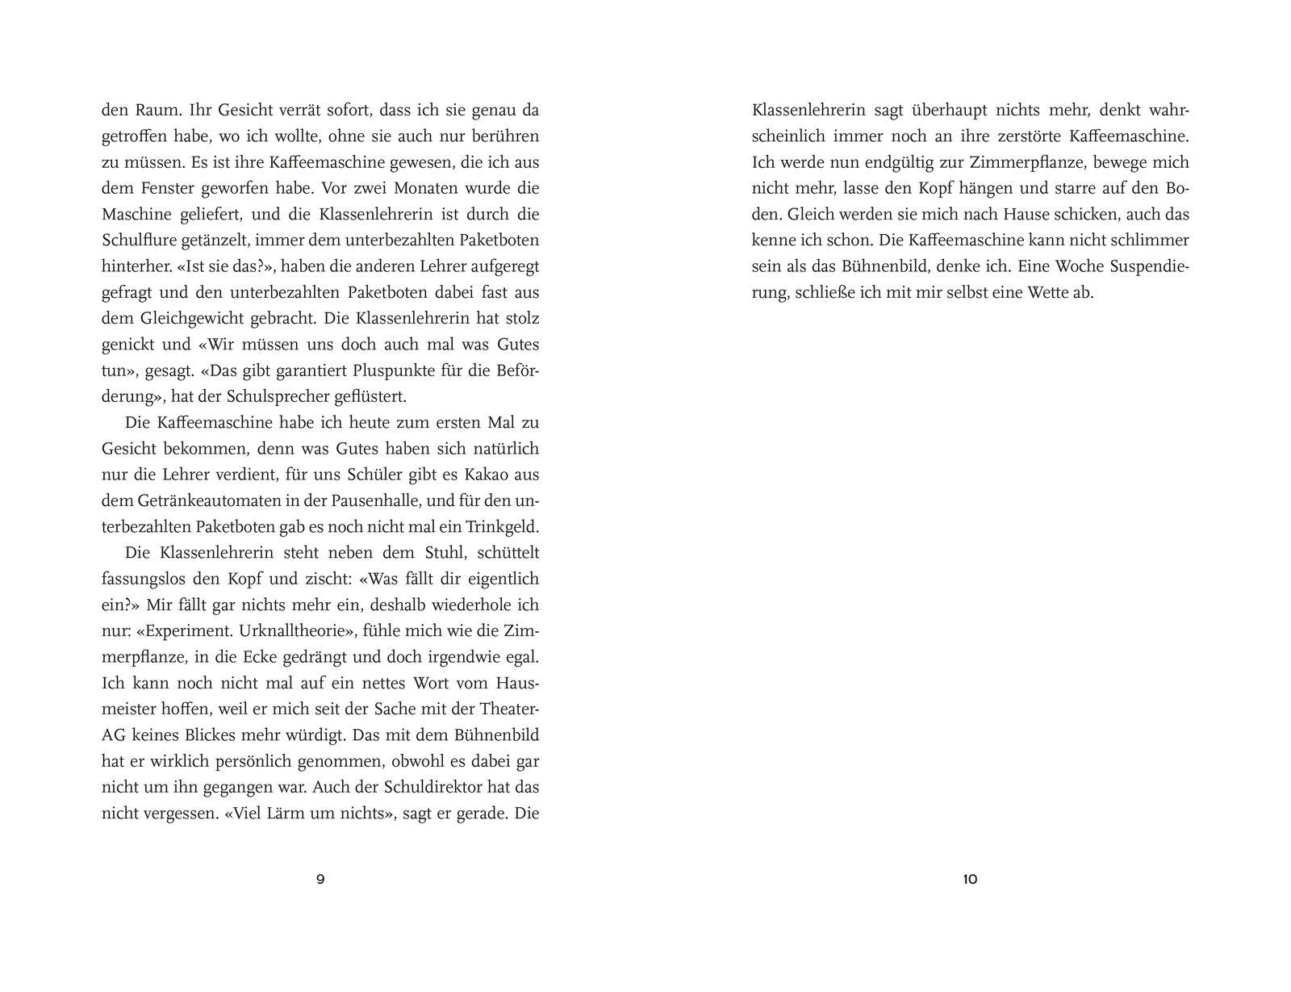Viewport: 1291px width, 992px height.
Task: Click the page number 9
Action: pyautogui.click(x=320, y=879)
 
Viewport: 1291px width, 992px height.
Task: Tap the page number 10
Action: pyautogui.click(x=970, y=879)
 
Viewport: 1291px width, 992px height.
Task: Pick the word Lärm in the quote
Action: pyautogui.click(x=295, y=813)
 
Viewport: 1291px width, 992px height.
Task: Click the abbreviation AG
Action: pyautogui.click(x=113, y=735)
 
